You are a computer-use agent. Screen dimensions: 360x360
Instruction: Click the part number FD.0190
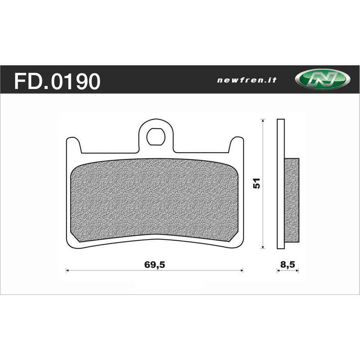57,81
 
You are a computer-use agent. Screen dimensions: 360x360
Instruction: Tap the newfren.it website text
247,80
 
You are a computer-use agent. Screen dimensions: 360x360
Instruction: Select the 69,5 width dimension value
154,264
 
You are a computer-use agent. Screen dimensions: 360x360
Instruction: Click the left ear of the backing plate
73,145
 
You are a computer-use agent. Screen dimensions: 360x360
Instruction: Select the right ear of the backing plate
237,145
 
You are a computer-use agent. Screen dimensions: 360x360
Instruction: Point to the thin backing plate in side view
281,183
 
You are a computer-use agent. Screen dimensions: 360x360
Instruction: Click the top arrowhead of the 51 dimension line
263,121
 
